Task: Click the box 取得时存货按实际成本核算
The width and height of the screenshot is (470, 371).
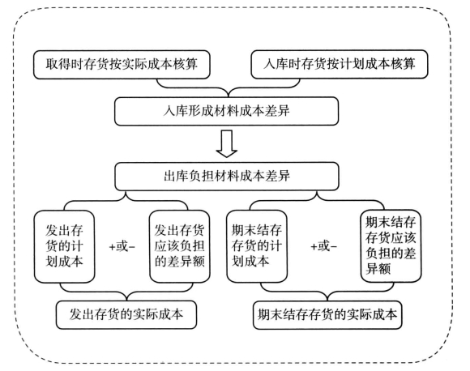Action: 122,65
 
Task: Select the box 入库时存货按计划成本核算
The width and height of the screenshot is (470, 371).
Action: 340,65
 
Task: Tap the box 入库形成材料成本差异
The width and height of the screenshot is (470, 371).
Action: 227,111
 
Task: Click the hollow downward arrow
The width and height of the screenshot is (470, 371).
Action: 227,143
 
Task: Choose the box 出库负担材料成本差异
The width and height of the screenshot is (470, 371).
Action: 227,177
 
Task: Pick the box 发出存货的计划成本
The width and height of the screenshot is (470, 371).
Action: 65,246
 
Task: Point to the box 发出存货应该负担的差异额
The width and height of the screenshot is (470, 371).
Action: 180,246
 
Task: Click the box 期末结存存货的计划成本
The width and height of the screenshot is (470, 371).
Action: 257,246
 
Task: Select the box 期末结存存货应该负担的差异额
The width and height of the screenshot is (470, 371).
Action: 391,246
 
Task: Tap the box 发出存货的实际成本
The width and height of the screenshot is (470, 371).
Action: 126,314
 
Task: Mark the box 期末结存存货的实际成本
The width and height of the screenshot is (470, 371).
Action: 327,314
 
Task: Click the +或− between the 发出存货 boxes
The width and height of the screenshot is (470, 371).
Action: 122,247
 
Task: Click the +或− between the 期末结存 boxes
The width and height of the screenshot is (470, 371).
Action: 323,246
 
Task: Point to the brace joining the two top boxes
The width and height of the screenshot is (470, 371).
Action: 229,88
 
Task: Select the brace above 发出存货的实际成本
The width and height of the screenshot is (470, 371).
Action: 126,292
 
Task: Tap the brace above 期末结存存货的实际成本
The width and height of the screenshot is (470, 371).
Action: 327,292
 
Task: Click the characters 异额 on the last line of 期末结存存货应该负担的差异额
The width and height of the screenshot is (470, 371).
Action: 378,268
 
